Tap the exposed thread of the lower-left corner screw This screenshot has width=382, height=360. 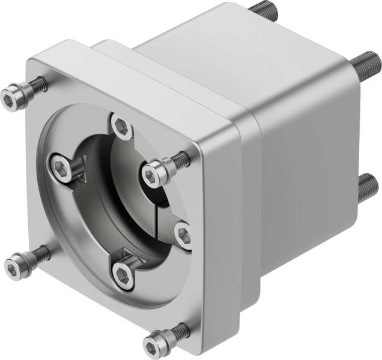click(38, 251)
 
